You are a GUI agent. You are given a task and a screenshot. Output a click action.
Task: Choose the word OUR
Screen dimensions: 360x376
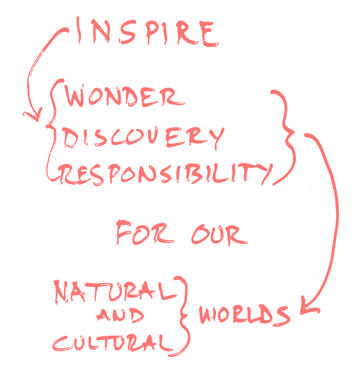[219, 234]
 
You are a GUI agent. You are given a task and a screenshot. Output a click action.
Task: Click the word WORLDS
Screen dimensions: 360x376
[244, 314]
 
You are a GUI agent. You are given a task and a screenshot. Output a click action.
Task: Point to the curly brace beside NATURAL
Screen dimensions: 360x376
[184, 316]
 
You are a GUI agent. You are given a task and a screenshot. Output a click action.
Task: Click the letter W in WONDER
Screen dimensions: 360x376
[75, 97]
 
